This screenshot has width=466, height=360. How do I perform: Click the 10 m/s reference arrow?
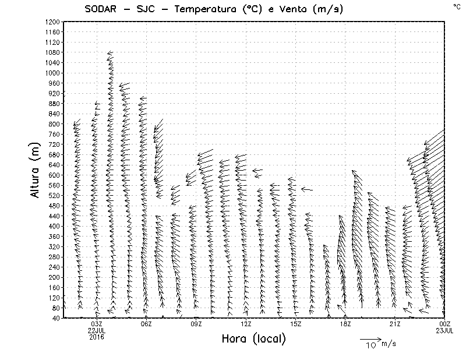click(369, 338)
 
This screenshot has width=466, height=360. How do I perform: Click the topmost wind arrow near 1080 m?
click(110, 54)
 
